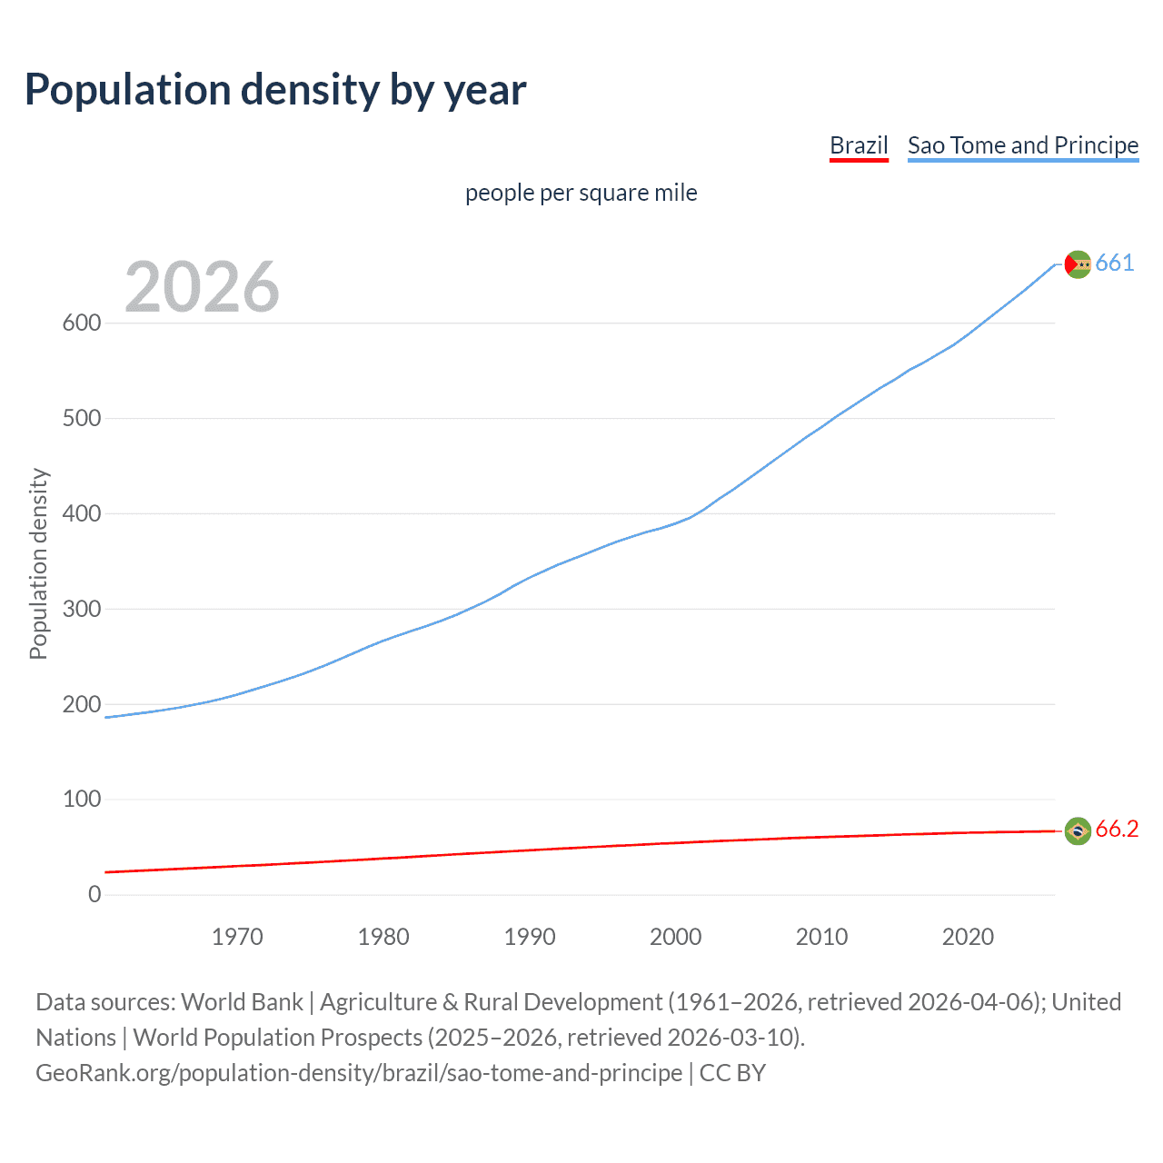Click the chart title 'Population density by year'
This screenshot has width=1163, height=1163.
tap(275, 90)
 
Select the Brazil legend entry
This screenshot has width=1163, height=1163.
tap(859, 145)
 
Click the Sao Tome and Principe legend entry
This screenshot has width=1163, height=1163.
tap(1022, 145)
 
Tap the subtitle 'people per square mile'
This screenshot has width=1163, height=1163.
tap(581, 193)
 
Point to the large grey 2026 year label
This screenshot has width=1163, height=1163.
tap(202, 287)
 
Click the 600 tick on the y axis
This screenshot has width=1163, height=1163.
tap(81, 323)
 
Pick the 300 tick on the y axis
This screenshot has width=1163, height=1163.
tap(81, 609)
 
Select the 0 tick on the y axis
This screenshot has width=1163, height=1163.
tap(94, 895)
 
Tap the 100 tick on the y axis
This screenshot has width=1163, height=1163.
tap(81, 800)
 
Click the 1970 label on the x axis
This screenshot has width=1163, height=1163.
tap(237, 937)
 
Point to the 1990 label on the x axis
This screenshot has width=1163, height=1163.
tap(530, 937)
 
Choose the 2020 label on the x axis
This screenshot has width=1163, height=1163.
tap(968, 937)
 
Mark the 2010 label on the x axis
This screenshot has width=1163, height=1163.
tap(821, 937)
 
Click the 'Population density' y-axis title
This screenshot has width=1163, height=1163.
tap(38, 563)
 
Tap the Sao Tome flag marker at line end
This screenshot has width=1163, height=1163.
tap(1078, 264)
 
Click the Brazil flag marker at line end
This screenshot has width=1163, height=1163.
tap(1078, 830)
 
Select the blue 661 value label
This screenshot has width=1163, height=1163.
tap(1115, 263)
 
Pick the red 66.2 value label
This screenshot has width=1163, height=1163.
tap(1117, 830)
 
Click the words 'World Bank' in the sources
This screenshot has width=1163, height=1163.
tap(242, 1002)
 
